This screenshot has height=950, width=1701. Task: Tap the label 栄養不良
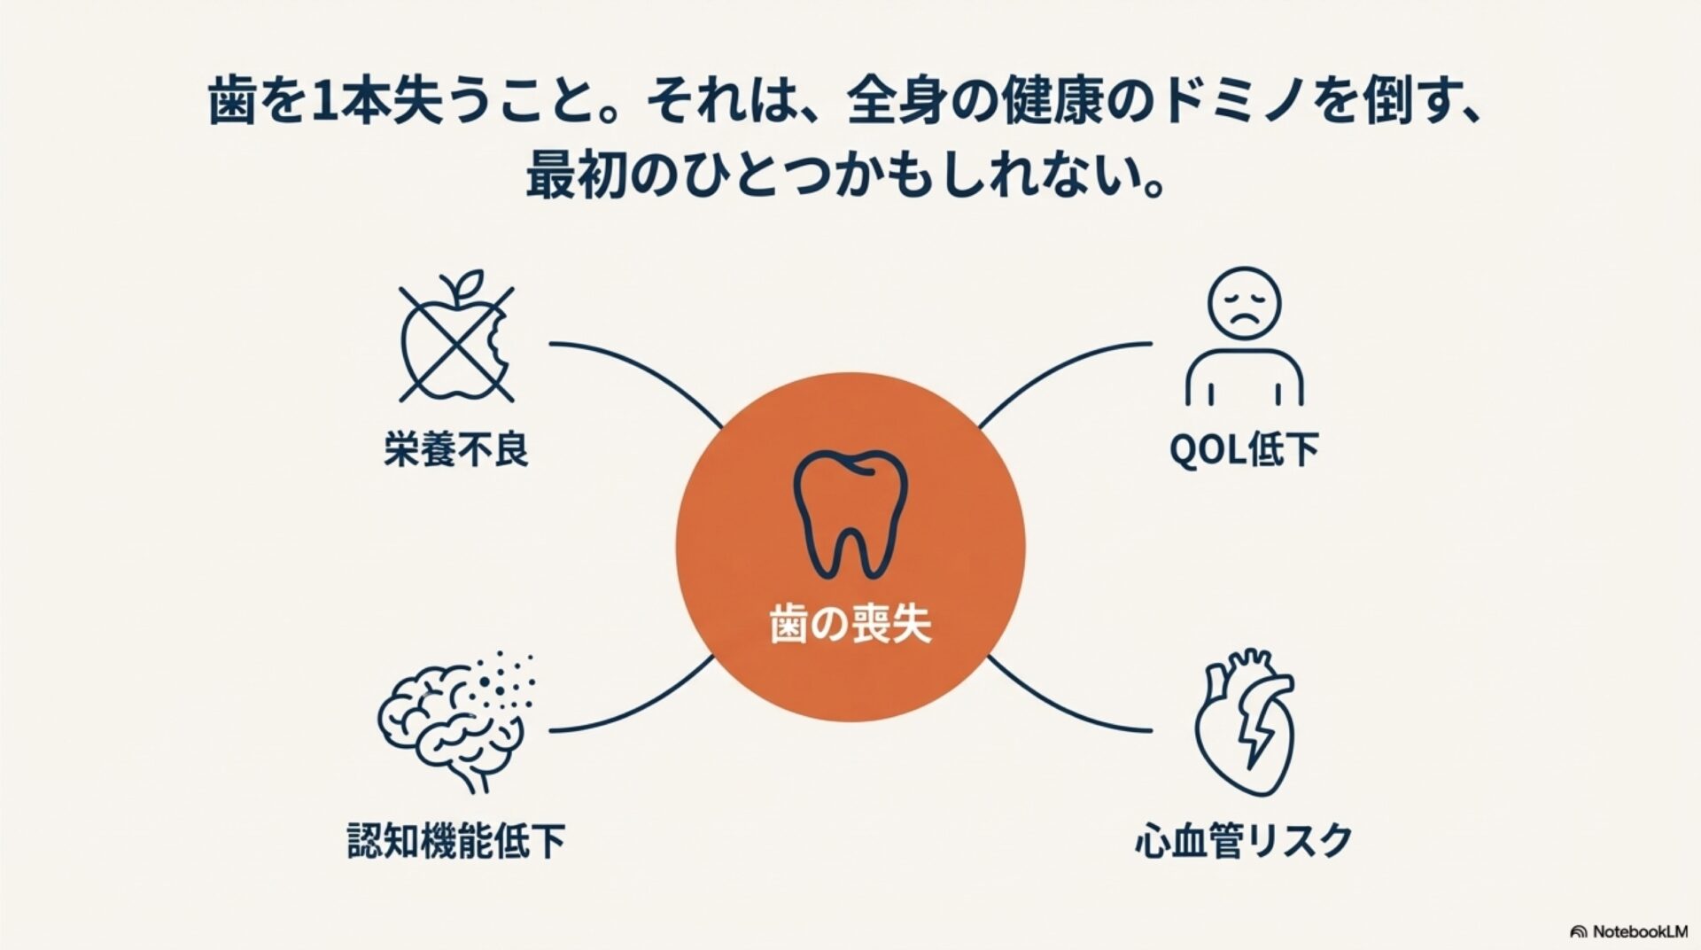click(x=456, y=449)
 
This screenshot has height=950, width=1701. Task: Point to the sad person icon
click(x=1244, y=337)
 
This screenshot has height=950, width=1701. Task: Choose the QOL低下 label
click(x=1244, y=450)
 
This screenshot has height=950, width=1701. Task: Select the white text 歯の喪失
click(x=850, y=627)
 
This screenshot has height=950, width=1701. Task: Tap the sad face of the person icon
click(x=1245, y=302)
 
